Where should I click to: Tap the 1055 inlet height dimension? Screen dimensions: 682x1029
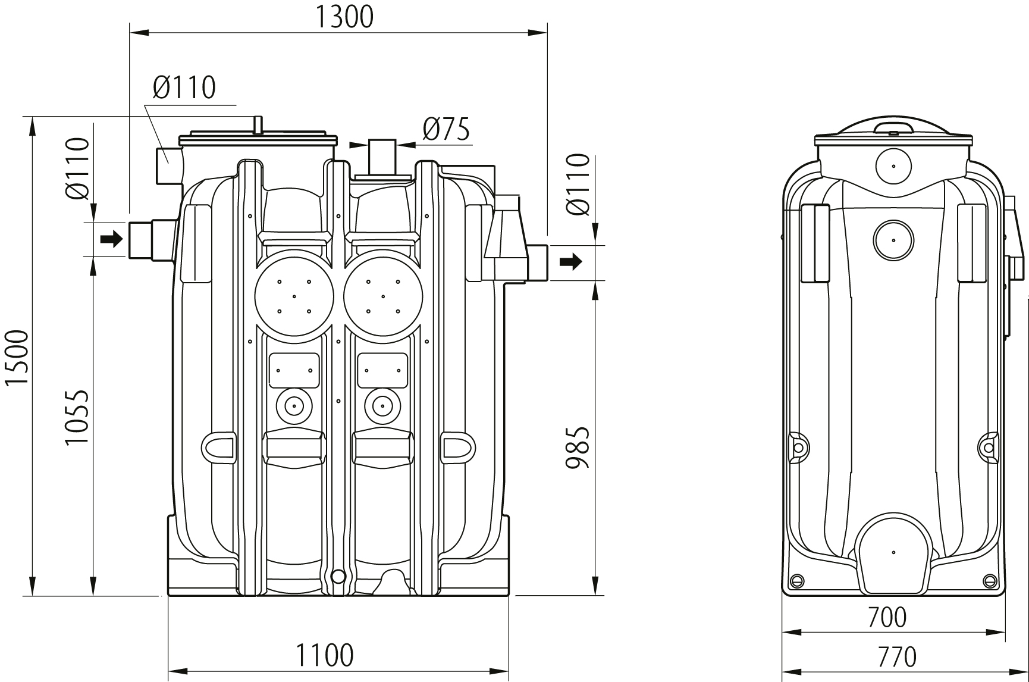click(x=77, y=417)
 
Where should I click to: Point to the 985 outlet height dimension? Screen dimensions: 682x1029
click(x=578, y=447)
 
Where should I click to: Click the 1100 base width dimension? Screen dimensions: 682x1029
click(x=325, y=655)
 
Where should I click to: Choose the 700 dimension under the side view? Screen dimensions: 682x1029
click(x=887, y=617)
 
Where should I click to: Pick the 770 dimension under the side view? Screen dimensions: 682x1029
click(x=896, y=656)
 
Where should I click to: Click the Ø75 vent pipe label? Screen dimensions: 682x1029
click(x=446, y=129)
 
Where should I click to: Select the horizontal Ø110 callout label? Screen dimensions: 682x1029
click(x=184, y=88)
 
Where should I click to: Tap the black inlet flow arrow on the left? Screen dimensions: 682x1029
click(x=111, y=240)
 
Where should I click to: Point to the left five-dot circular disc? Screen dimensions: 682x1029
click(x=294, y=296)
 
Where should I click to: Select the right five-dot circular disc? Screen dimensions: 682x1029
click(x=383, y=296)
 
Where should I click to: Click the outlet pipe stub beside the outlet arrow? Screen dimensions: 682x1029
click(x=537, y=262)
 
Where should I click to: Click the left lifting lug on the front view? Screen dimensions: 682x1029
click(x=220, y=446)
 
